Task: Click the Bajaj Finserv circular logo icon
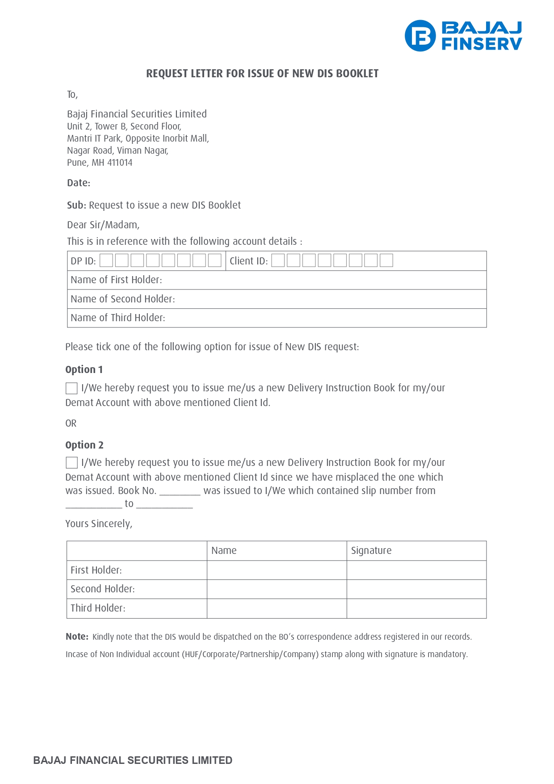420,36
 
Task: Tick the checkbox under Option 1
71,388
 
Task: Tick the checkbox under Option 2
71,463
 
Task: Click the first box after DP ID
106,260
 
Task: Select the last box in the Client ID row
386,260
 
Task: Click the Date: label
79,183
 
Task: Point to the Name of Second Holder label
122,299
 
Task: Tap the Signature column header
371,551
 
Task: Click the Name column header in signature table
224,551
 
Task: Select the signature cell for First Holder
416,570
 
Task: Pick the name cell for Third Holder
277,608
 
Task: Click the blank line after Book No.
180,491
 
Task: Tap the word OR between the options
71,423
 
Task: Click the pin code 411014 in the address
120,163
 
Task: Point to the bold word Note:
77,637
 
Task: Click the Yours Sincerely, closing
99,524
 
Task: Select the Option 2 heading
84,445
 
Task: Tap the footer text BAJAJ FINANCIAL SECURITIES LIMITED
133,760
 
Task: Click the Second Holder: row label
102,589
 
